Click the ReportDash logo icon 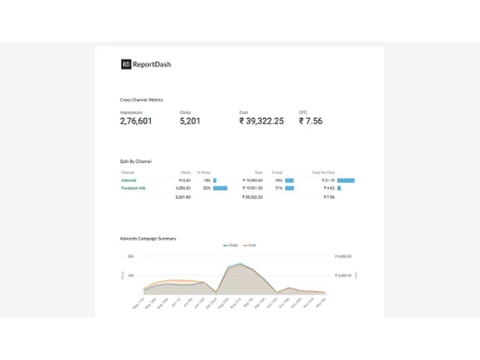(x=126, y=64)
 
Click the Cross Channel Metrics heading (x=141, y=100)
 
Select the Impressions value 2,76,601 (x=136, y=121)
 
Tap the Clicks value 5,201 (x=190, y=121)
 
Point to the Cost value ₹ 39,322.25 (x=262, y=121)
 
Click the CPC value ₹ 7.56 (x=310, y=121)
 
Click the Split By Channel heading (x=135, y=161)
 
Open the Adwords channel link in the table (x=129, y=180)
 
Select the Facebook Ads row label (x=132, y=188)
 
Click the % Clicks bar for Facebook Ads (x=220, y=188)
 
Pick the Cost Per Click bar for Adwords (x=346, y=180)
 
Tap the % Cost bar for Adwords (x=289, y=180)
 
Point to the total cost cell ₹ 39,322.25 (x=252, y=197)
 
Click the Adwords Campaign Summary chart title (x=149, y=238)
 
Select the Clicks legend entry (x=230, y=246)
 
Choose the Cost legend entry (x=250, y=246)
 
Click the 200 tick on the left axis (x=131, y=256)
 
